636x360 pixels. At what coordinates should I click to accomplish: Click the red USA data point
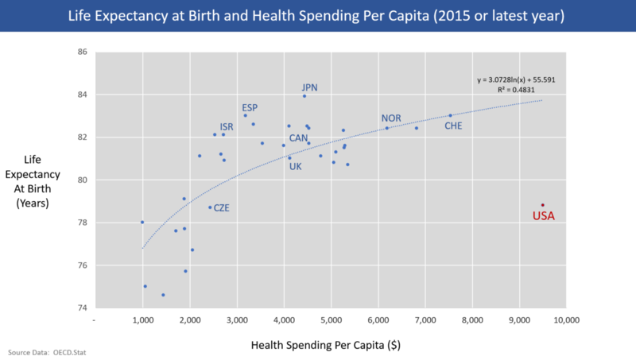pyautogui.click(x=543, y=205)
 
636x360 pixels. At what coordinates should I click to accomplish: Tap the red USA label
pyautogui.click(x=543, y=216)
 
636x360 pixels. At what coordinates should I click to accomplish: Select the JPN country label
pyautogui.click(x=310, y=87)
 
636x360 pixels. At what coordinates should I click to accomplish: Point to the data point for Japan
pyautogui.click(x=304, y=96)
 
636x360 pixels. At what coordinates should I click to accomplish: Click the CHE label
pyautogui.click(x=453, y=126)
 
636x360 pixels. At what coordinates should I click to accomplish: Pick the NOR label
pyautogui.click(x=391, y=118)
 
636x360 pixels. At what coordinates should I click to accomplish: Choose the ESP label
pyautogui.click(x=250, y=107)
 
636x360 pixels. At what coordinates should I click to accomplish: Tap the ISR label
pyautogui.click(x=227, y=126)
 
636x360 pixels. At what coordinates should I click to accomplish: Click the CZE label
pyautogui.click(x=222, y=207)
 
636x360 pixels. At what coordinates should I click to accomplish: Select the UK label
pyautogui.click(x=295, y=167)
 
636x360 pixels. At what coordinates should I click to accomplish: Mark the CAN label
pyautogui.click(x=298, y=138)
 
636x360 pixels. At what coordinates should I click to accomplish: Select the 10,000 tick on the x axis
pyautogui.click(x=565, y=319)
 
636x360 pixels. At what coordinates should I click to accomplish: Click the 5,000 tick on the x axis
pyautogui.click(x=331, y=319)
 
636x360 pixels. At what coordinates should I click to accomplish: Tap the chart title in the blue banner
pyautogui.click(x=318, y=16)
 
